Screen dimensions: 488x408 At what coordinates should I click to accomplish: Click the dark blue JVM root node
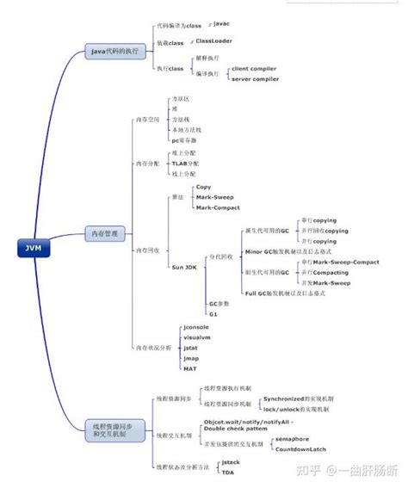[x=33, y=250]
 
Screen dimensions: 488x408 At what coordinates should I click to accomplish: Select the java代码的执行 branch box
[x=114, y=52]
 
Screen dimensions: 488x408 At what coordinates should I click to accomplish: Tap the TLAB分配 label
[x=185, y=163]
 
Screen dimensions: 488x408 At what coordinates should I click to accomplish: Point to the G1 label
[x=213, y=314]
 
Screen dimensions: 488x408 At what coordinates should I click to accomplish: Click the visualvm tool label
[x=197, y=337]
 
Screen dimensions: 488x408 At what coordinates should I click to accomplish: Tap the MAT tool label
[x=190, y=368]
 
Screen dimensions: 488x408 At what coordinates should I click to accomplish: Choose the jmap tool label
[x=191, y=358]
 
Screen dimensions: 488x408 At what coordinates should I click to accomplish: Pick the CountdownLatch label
[x=300, y=449]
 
